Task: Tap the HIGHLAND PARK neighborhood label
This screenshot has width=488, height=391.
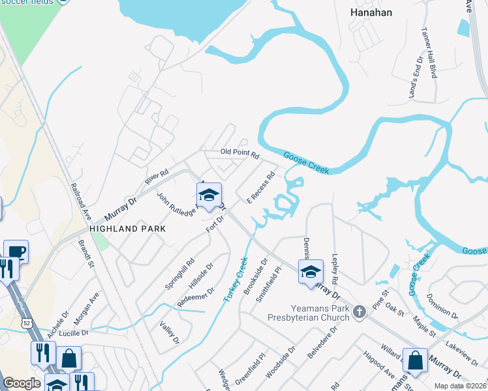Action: point(127,229)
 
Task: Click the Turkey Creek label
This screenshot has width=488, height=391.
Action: point(236,278)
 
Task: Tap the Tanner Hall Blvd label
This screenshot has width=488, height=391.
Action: point(429,52)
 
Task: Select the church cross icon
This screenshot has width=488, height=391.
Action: point(358,313)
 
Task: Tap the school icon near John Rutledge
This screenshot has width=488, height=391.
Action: point(209,195)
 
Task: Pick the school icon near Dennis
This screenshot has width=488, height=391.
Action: point(311,272)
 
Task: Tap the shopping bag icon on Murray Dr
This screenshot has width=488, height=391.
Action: point(415,360)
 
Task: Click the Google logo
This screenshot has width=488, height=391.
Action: point(22,383)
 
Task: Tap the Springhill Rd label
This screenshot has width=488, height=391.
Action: point(180,274)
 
